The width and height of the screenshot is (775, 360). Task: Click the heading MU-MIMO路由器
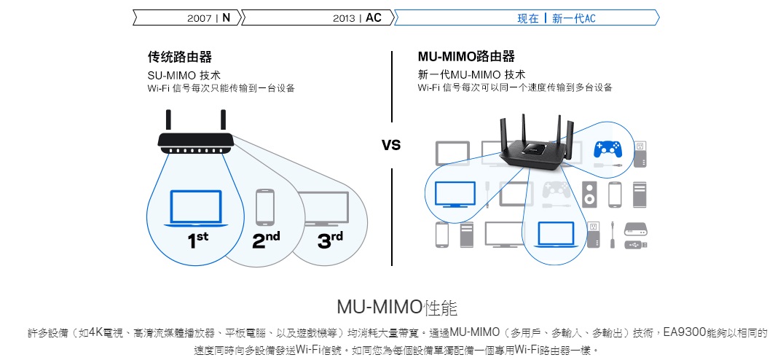466,57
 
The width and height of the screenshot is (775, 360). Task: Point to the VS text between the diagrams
391,145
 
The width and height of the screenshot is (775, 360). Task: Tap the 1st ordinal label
197,240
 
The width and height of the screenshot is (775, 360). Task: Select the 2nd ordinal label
266,240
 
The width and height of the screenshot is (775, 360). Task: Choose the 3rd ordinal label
329,240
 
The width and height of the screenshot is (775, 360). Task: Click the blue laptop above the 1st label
196,208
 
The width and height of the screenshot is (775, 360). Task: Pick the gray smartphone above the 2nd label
265,207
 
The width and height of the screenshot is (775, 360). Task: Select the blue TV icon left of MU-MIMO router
455,193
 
